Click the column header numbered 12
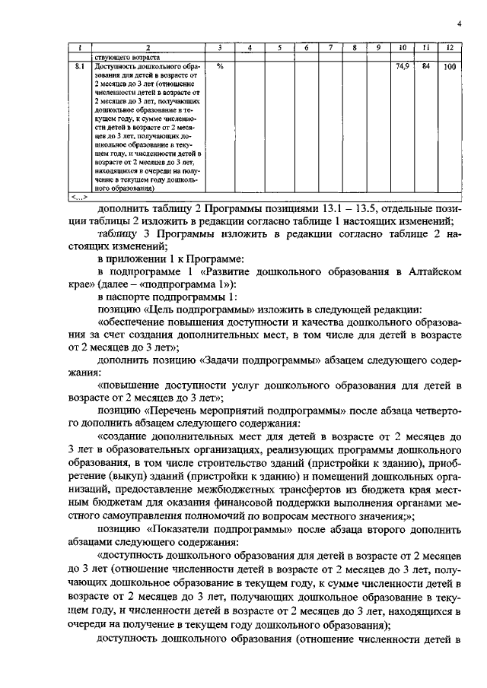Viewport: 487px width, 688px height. point(449,49)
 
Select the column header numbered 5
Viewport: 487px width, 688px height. point(280,49)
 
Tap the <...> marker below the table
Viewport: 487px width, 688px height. point(78,197)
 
